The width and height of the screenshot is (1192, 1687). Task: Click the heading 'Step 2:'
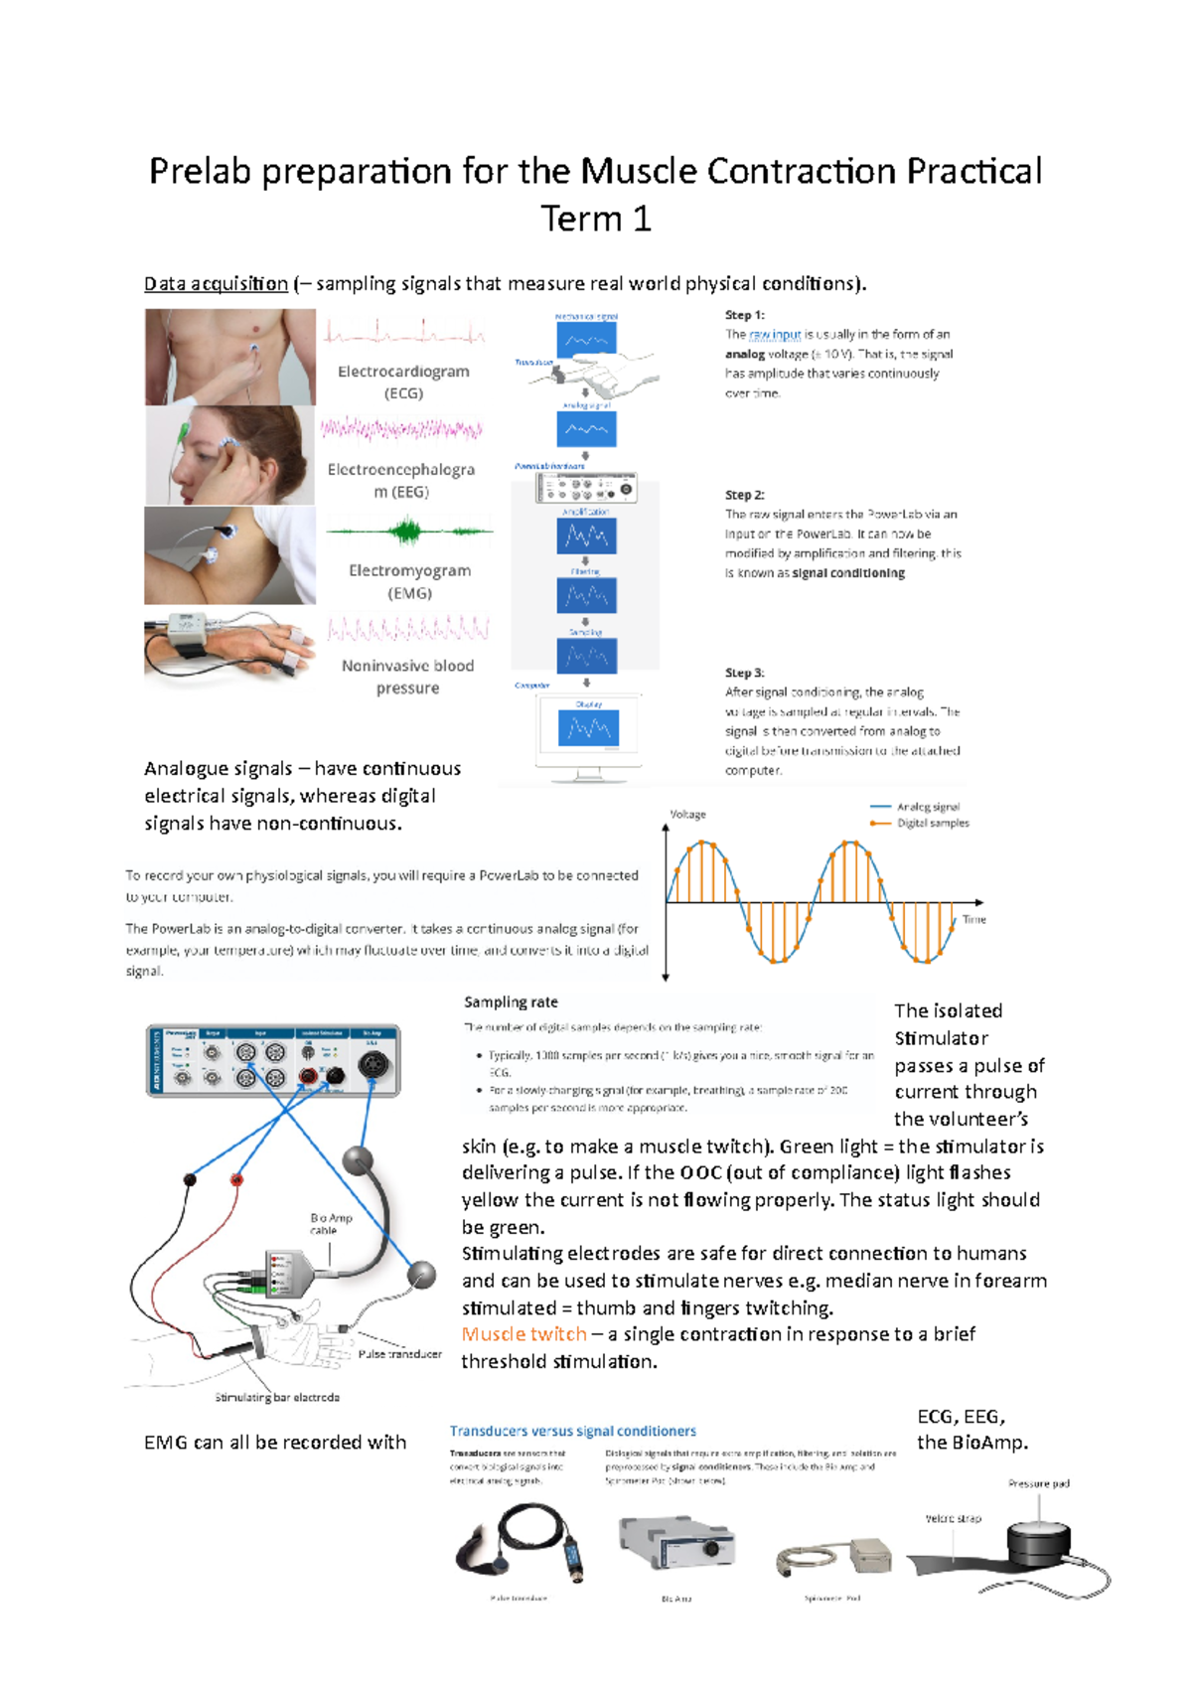744,495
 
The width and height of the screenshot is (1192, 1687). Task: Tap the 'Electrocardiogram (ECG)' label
403,382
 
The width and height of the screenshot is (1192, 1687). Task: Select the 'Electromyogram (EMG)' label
409,581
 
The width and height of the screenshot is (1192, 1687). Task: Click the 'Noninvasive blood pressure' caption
407,677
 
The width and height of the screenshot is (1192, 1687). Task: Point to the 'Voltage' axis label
687,814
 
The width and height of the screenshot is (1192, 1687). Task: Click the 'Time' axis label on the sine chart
973,920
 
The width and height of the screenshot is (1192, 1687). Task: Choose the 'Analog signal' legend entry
928,807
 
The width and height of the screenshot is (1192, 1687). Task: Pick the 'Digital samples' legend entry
932,823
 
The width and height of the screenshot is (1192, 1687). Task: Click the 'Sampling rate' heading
511,1002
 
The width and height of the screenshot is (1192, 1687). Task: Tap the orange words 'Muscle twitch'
523,1334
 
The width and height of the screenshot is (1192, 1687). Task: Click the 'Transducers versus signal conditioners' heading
572,1431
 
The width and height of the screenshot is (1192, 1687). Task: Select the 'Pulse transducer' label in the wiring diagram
399,1354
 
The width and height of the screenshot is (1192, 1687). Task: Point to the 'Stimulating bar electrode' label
277,1397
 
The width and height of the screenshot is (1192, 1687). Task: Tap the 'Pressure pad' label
1038,1483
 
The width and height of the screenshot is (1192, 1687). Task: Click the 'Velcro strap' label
952,1518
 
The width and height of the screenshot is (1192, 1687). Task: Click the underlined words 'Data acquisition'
216,284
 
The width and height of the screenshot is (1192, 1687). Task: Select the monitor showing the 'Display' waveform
588,730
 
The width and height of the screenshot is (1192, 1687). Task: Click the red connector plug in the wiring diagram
236,1179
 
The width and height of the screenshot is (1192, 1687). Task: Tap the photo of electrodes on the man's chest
229,356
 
